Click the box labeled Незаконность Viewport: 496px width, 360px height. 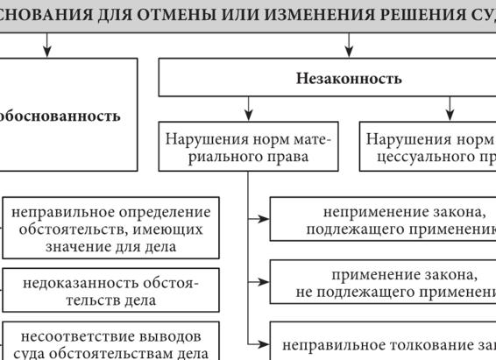tap(349, 79)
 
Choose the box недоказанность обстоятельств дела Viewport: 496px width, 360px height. tap(110, 291)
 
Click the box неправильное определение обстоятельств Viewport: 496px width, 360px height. tap(110, 229)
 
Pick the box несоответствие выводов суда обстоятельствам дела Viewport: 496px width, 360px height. tap(110, 345)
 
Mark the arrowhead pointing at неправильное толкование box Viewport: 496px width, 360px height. tap(263, 343)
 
